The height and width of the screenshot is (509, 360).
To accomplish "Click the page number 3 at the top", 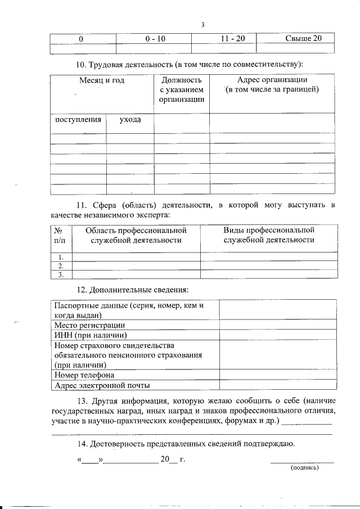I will [x=203, y=24].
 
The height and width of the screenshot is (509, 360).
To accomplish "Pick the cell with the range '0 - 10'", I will [x=154, y=39].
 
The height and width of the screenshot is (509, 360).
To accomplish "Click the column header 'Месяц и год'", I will [x=102, y=80].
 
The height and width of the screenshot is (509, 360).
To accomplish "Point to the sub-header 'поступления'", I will [x=78, y=120].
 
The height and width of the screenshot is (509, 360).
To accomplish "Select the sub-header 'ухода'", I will [x=130, y=120].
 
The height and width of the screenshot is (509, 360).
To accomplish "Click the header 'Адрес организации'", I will [x=272, y=80].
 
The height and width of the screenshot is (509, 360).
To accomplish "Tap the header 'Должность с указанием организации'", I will [x=181, y=90].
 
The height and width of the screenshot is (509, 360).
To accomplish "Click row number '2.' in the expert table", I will [x=61, y=265].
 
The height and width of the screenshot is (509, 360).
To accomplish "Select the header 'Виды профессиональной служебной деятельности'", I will [x=268, y=235].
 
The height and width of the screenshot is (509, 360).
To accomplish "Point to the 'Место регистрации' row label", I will [x=89, y=325].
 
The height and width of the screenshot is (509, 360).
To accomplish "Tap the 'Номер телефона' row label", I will [x=84, y=375].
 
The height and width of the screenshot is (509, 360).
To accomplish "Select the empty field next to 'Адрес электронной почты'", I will [x=278, y=385].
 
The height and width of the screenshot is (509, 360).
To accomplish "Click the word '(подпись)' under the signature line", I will [x=304, y=467].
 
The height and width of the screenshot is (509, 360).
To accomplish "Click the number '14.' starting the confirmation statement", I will [x=83, y=444].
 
